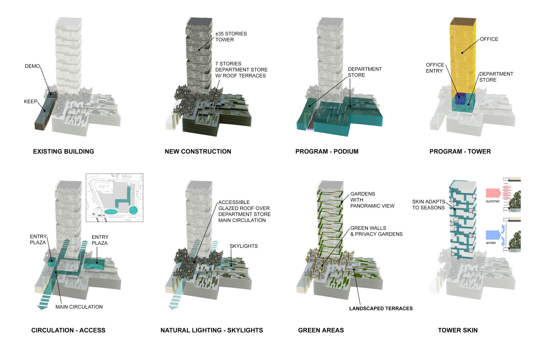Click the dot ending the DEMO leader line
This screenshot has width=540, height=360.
pyautogui.click(x=51, y=94)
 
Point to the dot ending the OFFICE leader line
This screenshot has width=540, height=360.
pyautogui.click(x=462, y=53)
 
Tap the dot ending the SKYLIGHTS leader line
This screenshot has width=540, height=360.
pyautogui.click(x=231, y=265)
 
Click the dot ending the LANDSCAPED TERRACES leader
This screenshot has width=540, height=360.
pyautogui.click(x=354, y=269)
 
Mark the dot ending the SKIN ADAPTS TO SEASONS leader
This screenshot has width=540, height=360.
pyautogui.click(x=455, y=209)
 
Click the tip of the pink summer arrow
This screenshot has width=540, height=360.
pyautogui.click(x=501, y=193)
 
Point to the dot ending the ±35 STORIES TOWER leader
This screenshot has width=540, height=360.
pyautogui.click(x=200, y=50)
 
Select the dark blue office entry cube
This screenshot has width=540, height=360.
pyautogui.click(x=460, y=98)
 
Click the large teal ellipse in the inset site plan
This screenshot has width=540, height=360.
pyautogui.click(x=111, y=211)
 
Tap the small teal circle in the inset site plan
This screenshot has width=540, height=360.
pyautogui.click(x=133, y=210)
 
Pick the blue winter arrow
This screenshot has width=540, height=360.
pyautogui.click(x=493, y=235)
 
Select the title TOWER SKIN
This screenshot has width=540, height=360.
pyautogui.click(x=458, y=330)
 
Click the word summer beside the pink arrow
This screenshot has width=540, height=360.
pyautogui.click(x=493, y=201)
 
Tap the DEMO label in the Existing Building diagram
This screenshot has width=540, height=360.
pyautogui.click(x=32, y=66)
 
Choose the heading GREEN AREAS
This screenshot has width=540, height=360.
pyautogui.click(x=321, y=330)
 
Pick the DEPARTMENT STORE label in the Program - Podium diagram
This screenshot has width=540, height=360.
pyautogui.click(x=365, y=72)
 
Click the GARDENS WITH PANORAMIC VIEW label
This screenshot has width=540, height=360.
pyautogui.click(x=372, y=200)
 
